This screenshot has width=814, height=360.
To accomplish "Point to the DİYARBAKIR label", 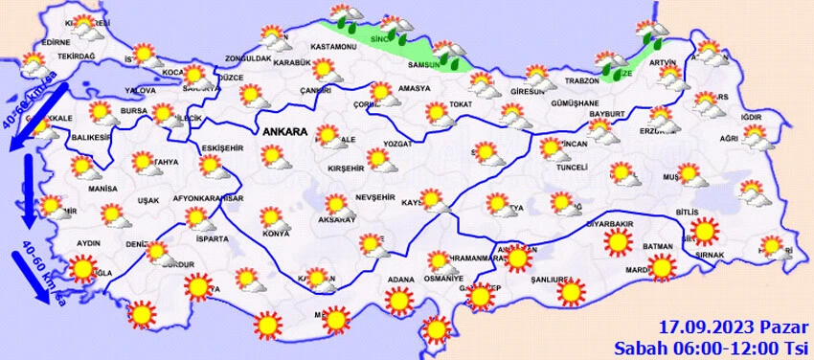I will tap(609, 223).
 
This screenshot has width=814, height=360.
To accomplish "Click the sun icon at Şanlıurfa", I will tap(572, 291).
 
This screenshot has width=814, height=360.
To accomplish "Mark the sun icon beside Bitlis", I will tap(706, 232).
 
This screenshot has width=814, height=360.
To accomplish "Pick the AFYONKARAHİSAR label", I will tap(209, 198).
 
